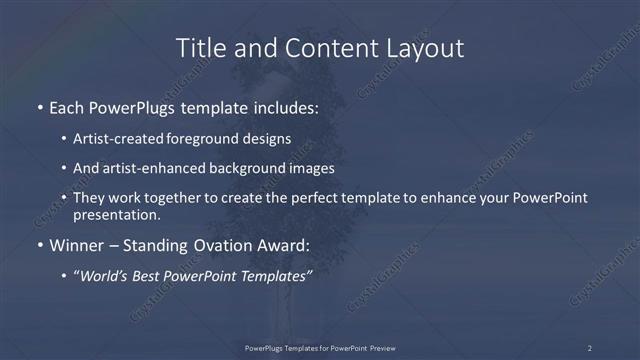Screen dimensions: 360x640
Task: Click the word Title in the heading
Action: coord(199,47)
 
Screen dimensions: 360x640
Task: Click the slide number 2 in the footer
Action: coord(590,348)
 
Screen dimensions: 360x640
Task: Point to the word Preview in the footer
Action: coord(381,348)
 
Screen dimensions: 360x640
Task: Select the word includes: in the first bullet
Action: coord(282,105)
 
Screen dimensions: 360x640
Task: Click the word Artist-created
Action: coord(112,138)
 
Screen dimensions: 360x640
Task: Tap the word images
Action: coord(306,168)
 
